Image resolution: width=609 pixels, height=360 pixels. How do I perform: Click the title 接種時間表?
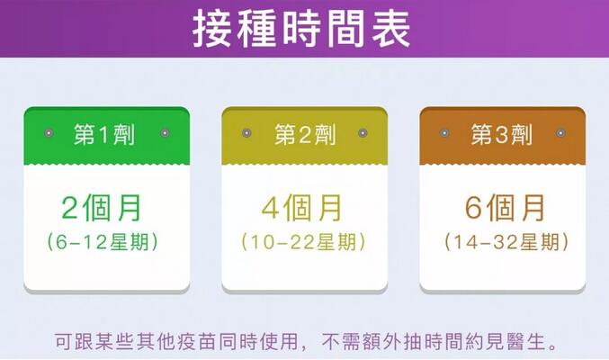301,29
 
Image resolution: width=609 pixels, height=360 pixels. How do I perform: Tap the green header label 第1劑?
104,134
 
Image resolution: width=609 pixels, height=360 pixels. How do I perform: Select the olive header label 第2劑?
305,134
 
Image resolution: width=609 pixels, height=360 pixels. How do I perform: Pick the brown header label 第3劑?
502,134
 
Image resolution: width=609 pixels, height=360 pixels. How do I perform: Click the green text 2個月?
102,208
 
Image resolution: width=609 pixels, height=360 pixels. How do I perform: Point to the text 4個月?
301,208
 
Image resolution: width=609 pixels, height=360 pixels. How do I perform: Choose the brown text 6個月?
505,208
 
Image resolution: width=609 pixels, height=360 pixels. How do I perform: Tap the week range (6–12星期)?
103,242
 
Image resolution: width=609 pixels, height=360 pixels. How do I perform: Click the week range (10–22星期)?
303,242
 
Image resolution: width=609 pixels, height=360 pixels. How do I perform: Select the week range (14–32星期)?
506,242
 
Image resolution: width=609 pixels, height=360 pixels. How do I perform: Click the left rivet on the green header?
49,133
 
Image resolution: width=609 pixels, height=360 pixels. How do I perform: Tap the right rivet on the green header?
165,133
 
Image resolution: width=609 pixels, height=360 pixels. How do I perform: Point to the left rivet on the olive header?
246,133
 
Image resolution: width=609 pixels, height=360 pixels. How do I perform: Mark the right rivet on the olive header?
363,133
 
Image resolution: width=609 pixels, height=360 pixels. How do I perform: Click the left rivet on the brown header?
444,133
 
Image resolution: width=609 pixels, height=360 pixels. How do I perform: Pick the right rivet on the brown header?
560,133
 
